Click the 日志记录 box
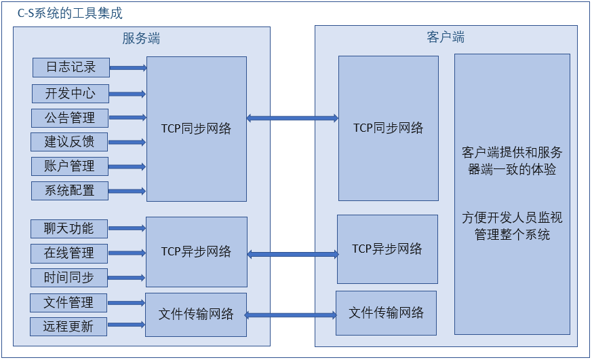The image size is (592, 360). [x=71, y=67]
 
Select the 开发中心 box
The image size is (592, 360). [x=71, y=93]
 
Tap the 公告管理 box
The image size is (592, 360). [x=70, y=118]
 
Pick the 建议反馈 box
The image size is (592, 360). [x=70, y=142]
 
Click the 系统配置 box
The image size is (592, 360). [x=70, y=190]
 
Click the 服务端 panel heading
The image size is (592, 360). [x=141, y=38]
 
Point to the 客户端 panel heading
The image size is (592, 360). [x=446, y=37]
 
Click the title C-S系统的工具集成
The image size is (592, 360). [x=70, y=14]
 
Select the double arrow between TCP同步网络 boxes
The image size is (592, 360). [x=292, y=118]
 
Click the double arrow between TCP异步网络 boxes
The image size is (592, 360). [x=292, y=254]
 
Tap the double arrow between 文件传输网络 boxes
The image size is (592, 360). [x=291, y=314]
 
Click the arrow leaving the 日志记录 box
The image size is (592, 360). [x=128, y=67]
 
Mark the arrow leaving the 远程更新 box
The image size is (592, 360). [x=127, y=326]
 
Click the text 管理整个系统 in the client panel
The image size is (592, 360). [x=512, y=235]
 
